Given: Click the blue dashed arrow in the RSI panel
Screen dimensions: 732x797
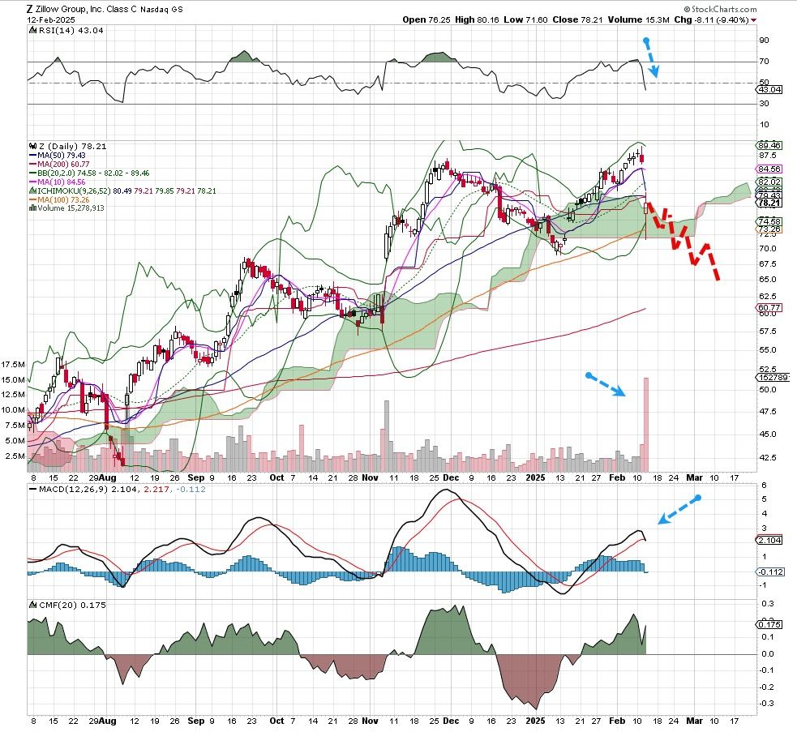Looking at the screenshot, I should point(651,58).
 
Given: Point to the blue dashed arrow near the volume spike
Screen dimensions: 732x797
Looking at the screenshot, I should point(606,385).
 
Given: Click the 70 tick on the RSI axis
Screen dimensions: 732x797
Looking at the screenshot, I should point(765,62).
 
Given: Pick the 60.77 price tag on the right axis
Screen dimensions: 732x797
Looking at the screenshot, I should point(768,308).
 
